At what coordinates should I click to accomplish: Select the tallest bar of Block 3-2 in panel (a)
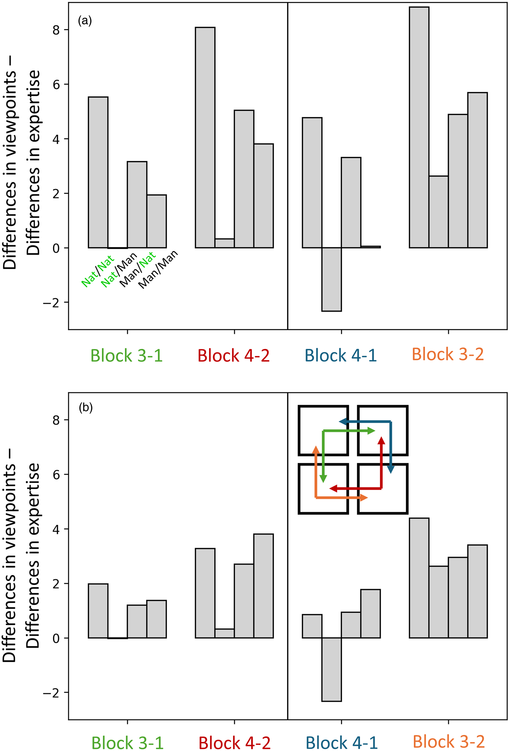[419, 127]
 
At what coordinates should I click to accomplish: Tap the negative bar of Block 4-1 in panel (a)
[332, 280]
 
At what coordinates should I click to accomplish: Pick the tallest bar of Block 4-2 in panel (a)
[205, 138]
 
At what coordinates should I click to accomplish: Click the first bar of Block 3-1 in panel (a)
[98, 172]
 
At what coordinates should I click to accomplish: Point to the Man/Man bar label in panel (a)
[158, 269]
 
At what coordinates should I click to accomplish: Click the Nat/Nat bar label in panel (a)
[97, 271]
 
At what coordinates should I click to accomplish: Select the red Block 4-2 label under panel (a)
[234, 355]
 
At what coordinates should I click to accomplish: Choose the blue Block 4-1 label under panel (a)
[341, 355]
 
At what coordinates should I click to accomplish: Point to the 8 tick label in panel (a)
[56, 30]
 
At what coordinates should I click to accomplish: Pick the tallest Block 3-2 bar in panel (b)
[419, 578]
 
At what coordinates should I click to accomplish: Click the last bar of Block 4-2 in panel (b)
[263, 586]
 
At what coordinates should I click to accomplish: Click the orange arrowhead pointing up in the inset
[316, 450]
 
